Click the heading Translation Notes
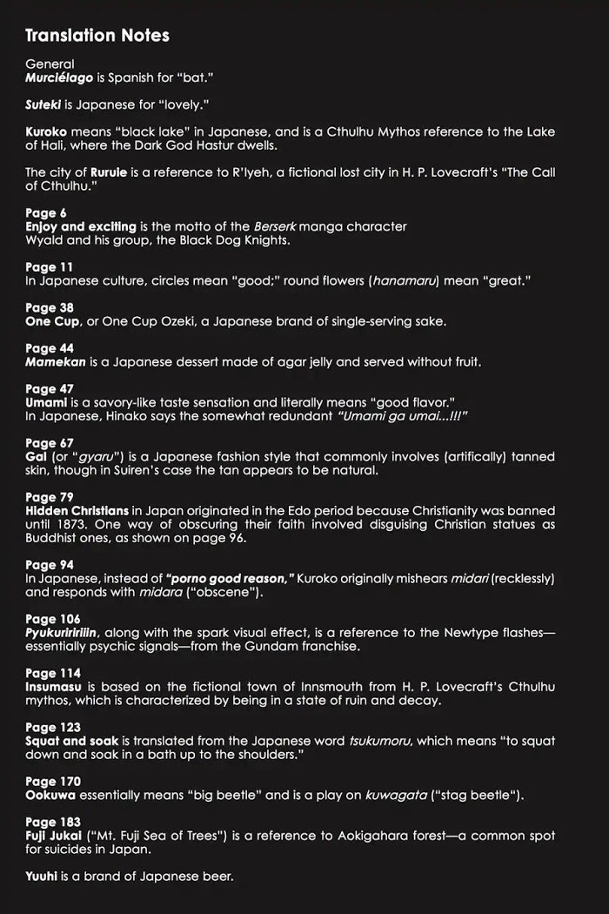pyautogui.click(x=97, y=36)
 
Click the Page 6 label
pyautogui.click(x=46, y=212)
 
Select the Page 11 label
pyautogui.click(x=50, y=266)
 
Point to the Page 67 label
pyautogui.click(x=50, y=443)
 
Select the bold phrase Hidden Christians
pyautogui.click(x=77, y=510)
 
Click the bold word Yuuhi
pyautogui.click(x=42, y=876)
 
